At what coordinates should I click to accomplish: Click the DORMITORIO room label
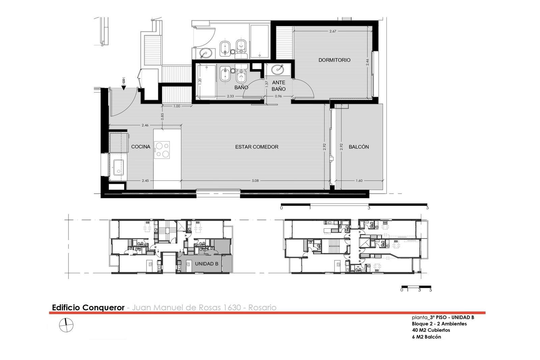(x=334, y=60)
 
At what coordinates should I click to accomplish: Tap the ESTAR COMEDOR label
(x=257, y=147)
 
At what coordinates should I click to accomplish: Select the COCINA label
(x=140, y=146)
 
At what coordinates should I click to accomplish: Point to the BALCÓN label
(x=359, y=147)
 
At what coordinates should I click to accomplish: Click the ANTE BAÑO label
(x=279, y=86)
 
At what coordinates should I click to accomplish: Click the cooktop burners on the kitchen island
(x=162, y=150)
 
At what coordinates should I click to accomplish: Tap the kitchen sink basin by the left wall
(x=118, y=167)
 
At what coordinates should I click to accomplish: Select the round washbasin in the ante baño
(x=278, y=70)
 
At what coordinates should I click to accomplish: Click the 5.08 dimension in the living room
(x=255, y=181)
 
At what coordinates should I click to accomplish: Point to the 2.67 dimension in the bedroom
(x=333, y=31)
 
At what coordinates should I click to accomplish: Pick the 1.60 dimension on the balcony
(x=359, y=181)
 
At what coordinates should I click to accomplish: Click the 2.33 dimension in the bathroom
(x=231, y=96)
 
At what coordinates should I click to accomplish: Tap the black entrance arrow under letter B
(x=124, y=88)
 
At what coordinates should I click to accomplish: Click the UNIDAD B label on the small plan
(x=207, y=264)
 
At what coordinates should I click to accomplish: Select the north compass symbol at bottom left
(x=66, y=325)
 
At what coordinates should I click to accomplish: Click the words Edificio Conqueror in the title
(x=88, y=308)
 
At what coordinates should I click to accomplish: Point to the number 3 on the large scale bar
(x=369, y=208)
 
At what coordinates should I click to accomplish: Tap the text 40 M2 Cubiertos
(x=431, y=330)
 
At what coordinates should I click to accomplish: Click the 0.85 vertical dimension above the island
(x=162, y=117)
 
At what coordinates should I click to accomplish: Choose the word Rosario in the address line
(x=262, y=308)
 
